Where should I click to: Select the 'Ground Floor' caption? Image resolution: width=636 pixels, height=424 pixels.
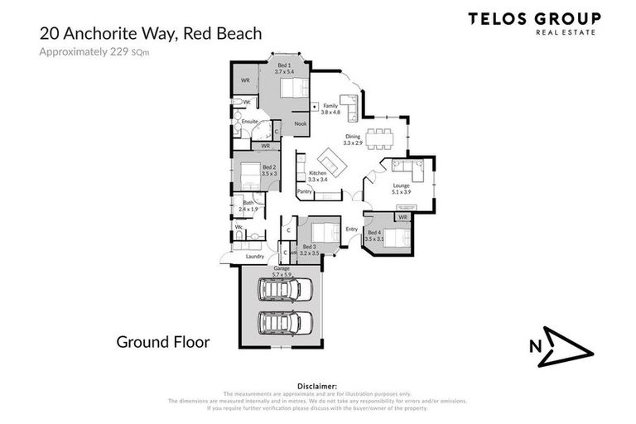162,341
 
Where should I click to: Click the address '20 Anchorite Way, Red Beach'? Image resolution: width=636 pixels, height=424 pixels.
151,34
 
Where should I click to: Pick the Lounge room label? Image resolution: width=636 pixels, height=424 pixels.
402,188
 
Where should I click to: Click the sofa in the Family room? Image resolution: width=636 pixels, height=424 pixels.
349,108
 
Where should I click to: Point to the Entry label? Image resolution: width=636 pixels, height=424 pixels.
351,229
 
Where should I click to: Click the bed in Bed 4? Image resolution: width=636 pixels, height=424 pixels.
395,238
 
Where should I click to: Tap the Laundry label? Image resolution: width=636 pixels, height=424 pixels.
254,257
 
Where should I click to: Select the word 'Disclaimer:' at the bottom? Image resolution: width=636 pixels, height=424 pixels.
318,386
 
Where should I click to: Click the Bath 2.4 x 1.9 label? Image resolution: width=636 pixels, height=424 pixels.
248,206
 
